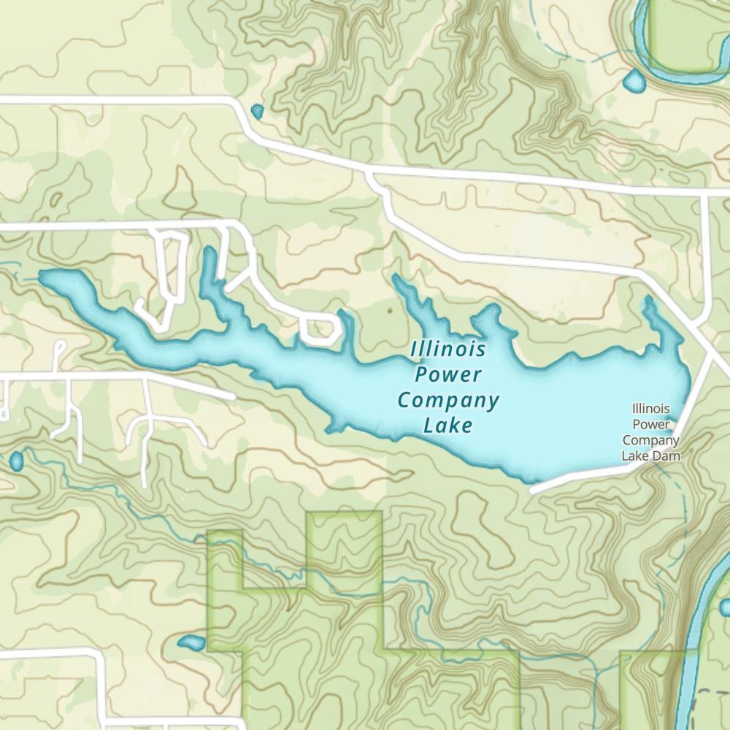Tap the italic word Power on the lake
point(447,375)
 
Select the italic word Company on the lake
point(448,401)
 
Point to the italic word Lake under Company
point(447,426)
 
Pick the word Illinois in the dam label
point(650,410)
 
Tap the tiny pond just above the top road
point(257,111)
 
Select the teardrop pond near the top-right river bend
point(634,81)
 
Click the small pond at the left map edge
point(16,461)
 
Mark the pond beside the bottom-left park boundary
point(192,642)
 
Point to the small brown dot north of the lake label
point(389,310)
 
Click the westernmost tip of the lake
point(42,276)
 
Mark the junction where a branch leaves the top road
point(369,174)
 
